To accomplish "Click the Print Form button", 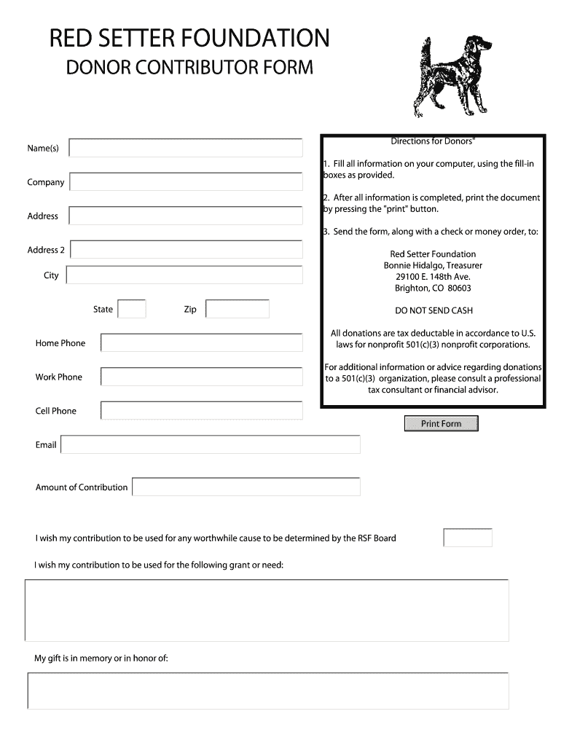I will click(x=441, y=423).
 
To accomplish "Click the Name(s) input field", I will click(x=186, y=148).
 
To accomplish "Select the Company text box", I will click(x=186, y=182).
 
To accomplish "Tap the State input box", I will click(x=132, y=309).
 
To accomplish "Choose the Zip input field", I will click(x=238, y=309).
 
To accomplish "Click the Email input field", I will click(x=211, y=444).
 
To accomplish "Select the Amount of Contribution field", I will click(x=246, y=487).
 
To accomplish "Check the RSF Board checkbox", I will click(x=468, y=538).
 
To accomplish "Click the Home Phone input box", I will click(x=202, y=342).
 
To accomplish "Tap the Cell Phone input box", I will click(x=202, y=410).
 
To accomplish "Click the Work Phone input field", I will click(x=202, y=377).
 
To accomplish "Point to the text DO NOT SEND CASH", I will click(x=433, y=310).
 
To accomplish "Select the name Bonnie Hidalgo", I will click(x=413, y=266).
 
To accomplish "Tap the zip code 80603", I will click(x=459, y=288).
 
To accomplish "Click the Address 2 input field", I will click(x=187, y=249).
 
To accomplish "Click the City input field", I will click(x=184, y=275).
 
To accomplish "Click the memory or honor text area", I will click(x=268, y=690).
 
